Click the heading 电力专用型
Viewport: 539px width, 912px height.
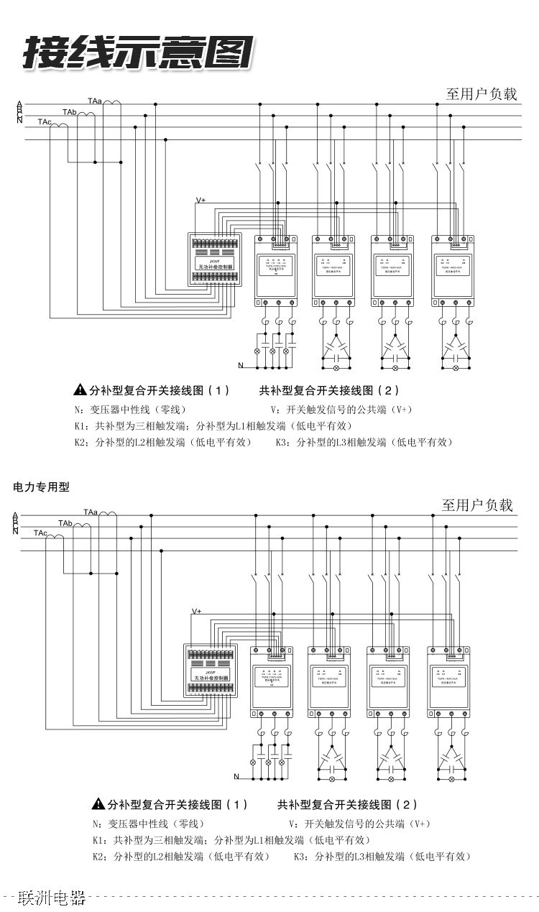click(42, 487)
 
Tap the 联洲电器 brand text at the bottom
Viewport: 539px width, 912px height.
click(52, 897)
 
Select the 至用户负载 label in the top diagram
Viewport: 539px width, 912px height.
click(482, 93)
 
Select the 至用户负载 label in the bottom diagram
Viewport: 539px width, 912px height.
click(477, 505)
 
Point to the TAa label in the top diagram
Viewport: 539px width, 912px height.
click(95, 101)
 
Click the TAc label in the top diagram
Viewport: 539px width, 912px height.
click(45, 122)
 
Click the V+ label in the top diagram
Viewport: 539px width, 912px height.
click(201, 201)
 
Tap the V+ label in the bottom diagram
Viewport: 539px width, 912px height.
click(197, 611)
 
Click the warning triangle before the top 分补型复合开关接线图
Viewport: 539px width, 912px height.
click(80, 391)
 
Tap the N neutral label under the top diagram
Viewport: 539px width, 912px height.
click(241, 366)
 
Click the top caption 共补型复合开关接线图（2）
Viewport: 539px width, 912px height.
click(328, 391)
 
